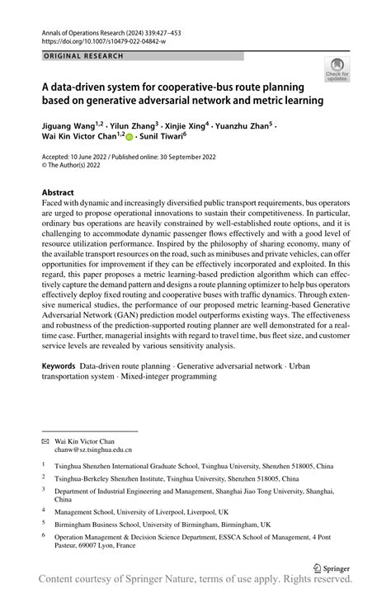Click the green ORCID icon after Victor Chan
(129, 139)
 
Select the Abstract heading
(63, 191)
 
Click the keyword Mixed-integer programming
(168, 376)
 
